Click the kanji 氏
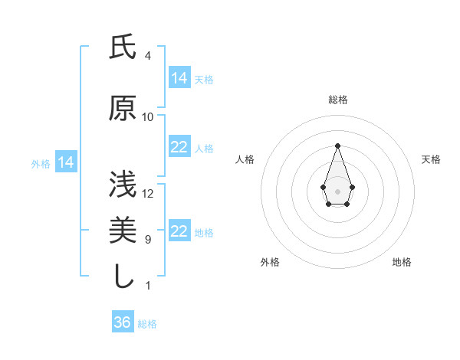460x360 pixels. [x=123, y=48]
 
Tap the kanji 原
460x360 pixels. [x=123, y=110]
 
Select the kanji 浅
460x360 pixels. [x=123, y=185]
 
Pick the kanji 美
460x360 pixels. [x=123, y=231]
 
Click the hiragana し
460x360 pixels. [x=123, y=277]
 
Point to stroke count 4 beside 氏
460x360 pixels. [x=148, y=56]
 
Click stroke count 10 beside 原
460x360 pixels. [x=148, y=117]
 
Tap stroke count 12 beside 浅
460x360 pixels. [x=148, y=193]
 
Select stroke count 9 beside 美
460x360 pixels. [x=148, y=240]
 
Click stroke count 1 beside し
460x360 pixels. [x=148, y=286]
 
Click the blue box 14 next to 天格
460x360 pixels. [x=179, y=78]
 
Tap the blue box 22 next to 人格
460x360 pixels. [x=179, y=147]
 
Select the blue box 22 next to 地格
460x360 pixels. [x=179, y=231]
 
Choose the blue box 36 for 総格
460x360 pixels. [x=123, y=322]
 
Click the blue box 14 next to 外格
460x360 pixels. [x=65, y=162]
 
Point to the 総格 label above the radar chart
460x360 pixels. [x=337, y=100]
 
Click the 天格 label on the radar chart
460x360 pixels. [x=432, y=159]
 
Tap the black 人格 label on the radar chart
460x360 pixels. [x=245, y=159]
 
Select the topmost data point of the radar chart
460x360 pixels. [x=337, y=146]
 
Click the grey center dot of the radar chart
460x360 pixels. [x=337, y=191]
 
